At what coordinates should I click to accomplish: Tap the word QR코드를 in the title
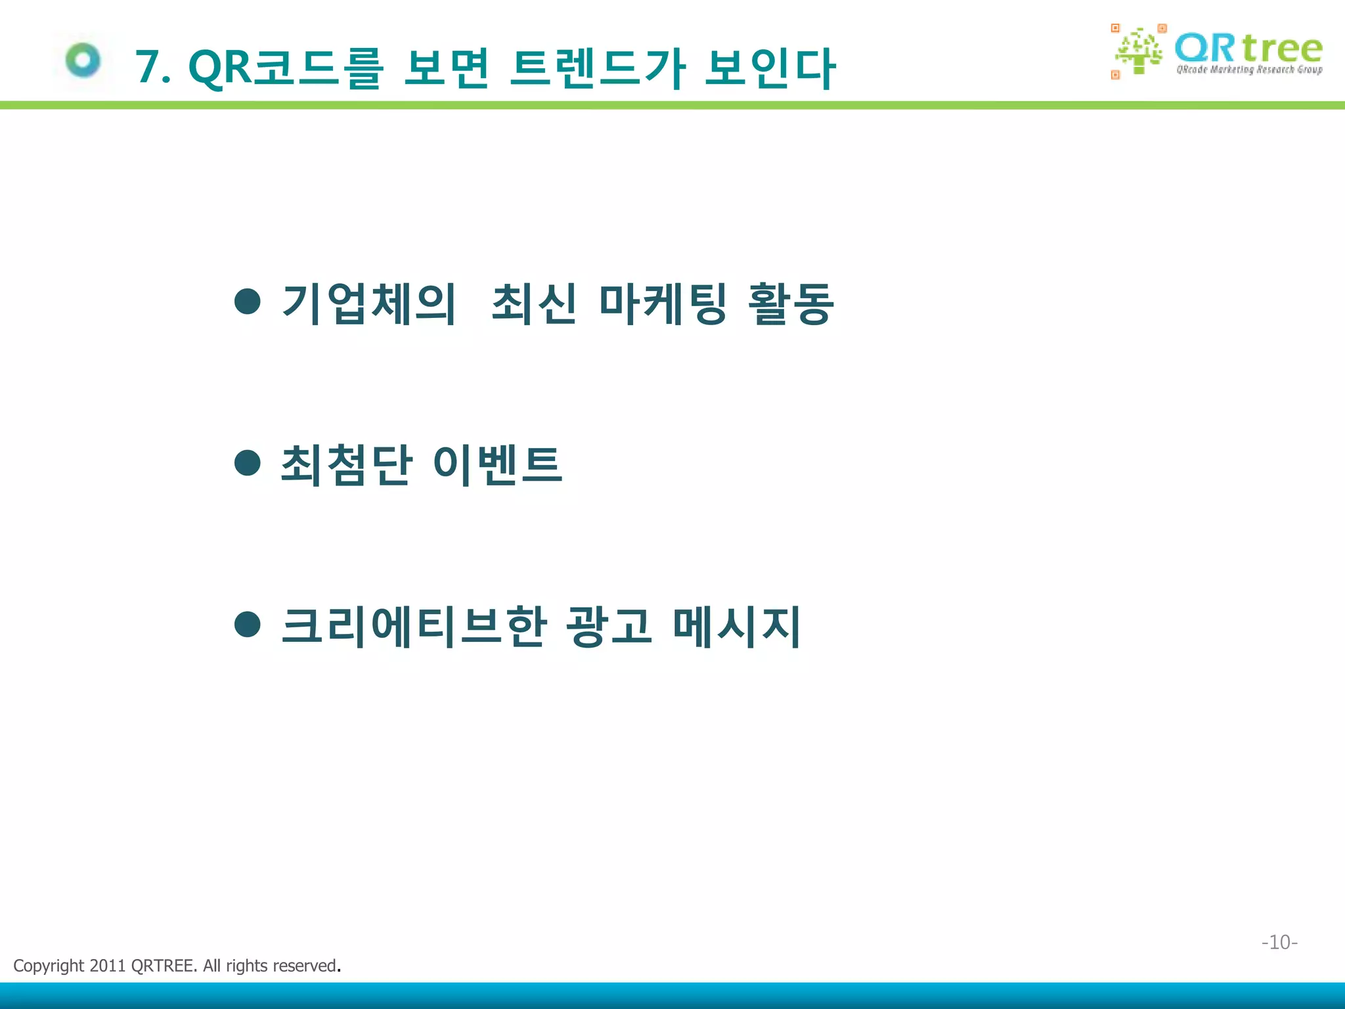coord(285,67)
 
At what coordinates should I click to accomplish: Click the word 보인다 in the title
coord(770,67)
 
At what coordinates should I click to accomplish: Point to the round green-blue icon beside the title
coord(83,60)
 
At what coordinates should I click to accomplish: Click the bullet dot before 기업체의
coord(248,302)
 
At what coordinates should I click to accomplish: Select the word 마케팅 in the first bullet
coord(663,303)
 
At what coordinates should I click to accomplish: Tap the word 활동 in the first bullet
coord(791,303)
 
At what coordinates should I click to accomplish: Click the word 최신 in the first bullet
coord(534,303)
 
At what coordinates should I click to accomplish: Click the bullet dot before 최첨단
coord(248,462)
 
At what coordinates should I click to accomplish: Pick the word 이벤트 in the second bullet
coord(497,464)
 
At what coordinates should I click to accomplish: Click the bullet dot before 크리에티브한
coord(248,624)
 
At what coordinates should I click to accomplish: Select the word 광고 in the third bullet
coord(609,626)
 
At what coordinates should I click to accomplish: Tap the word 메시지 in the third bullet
coord(736,626)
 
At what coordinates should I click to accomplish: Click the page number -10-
coord(1279,942)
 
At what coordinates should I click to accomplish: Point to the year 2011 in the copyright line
coord(107,966)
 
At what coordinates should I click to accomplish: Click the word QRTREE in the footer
coord(162,966)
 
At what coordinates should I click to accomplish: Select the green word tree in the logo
coord(1282,48)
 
